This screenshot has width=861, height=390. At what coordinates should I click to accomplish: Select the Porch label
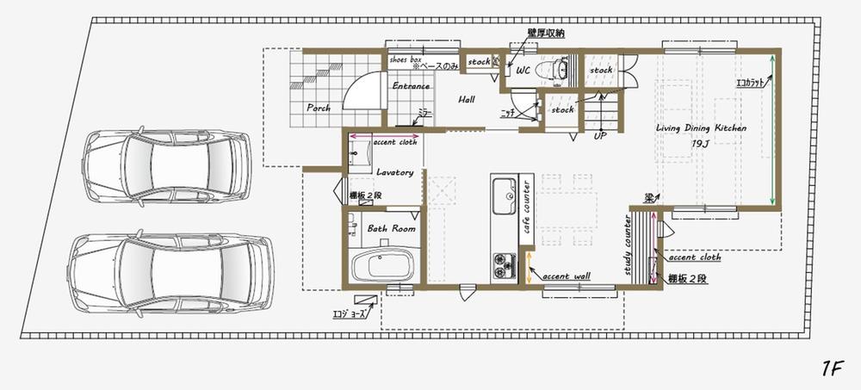(x=319, y=108)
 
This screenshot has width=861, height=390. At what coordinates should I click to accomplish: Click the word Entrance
(x=410, y=86)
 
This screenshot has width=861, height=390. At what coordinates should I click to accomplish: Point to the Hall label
(x=467, y=100)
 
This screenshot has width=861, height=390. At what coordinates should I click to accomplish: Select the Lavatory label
(x=395, y=172)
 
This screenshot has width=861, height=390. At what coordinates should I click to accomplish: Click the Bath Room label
(x=392, y=229)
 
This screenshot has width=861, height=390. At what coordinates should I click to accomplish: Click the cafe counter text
(x=527, y=212)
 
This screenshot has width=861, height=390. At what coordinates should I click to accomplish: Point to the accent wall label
(x=566, y=275)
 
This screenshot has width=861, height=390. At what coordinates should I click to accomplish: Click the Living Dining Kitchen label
(x=701, y=127)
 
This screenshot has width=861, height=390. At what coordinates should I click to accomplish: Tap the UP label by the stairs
(x=600, y=135)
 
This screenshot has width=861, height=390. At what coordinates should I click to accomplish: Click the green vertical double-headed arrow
(x=771, y=129)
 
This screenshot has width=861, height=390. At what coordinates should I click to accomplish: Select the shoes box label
(x=404, y=60)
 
